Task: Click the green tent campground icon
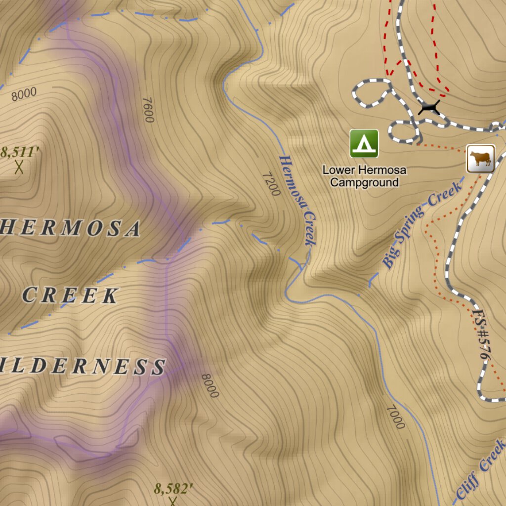pyautogui.click(x=364, y=143)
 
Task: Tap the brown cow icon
pyautogui.click(x=480, y=159)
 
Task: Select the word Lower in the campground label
pyautogui.click(x=339, y=170)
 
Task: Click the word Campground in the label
pyautogui.click(x=364, y=182)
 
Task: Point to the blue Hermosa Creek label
pyautogui.click(x=297, y=200)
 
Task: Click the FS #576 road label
pyautogui.click(x=482, y=336)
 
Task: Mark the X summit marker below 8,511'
pyautogui.click(x=19, y=167)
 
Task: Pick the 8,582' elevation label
pyautogui.click(x=173, y=489)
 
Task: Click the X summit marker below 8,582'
pyautogui.click(x=172, y=502)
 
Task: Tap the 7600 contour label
pyautogui.click(x=148, y=110)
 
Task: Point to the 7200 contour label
pyautogui.click(x=271, y=183)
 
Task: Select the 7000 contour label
pyautogui.click(x=395, y=417)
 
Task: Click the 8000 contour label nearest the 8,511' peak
pyautogui.click(x=24, y=93)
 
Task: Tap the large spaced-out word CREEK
pyautogui.click(x=70, y=295)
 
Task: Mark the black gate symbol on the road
pyautogui.click(x=428, y=107)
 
